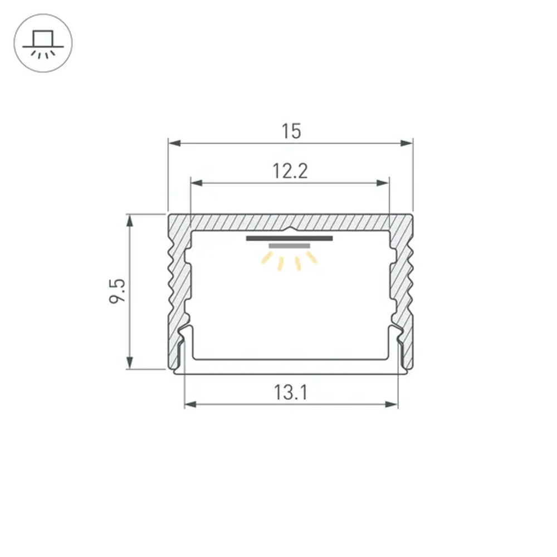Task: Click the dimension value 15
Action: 291,131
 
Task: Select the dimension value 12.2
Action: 290,171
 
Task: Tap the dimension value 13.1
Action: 290,393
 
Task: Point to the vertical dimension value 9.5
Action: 118,291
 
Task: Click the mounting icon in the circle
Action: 43,43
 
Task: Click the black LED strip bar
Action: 289,238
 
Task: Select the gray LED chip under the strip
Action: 289,246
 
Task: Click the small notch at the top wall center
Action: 290,229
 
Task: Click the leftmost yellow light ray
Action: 267,258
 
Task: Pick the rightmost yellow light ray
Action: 311,257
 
